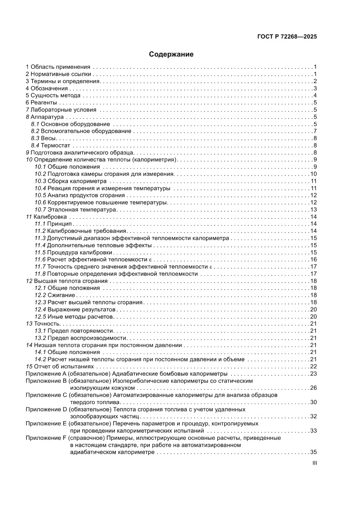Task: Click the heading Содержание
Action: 171,55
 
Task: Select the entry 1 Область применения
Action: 58,67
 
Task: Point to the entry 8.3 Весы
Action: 43,138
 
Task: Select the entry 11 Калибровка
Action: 46,217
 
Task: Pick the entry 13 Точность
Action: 43,324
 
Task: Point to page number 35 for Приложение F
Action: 313,452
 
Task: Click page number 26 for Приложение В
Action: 313,388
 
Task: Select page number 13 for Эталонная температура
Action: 313,209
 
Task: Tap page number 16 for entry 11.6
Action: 313,260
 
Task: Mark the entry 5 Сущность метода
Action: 53,96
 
